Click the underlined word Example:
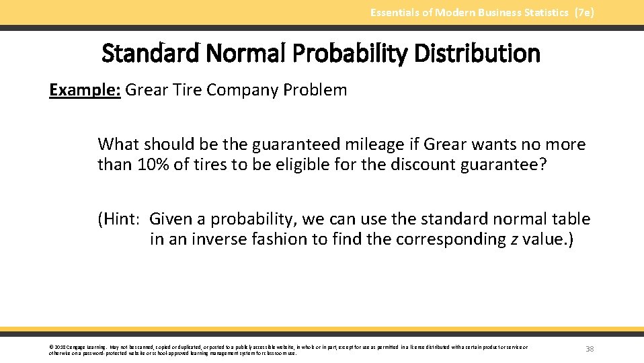(85, 90)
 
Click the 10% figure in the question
(153, 165)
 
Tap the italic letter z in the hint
(514, 239)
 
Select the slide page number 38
(590, 349)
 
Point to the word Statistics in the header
(545, 13)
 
